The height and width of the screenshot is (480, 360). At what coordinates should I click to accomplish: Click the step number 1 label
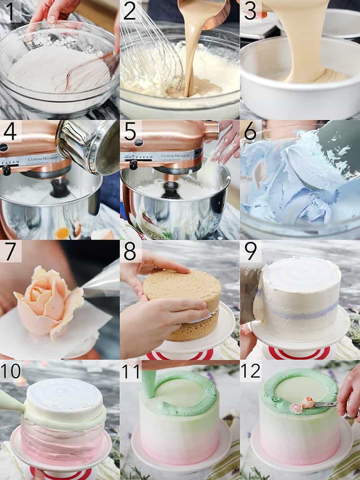(10, 11)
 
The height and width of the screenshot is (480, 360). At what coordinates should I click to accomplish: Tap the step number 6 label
(250, 131)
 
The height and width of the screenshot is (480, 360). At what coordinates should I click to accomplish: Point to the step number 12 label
(250, 371)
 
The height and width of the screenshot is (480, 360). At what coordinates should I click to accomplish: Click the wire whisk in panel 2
(148, 49)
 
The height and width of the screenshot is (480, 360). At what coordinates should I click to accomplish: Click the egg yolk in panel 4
(62, 233)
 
